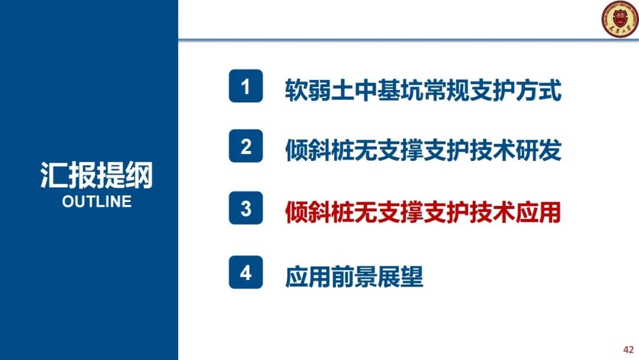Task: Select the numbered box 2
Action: coord(246,146)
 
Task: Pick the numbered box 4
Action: coord(246,273)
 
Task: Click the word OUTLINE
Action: coord(96,201)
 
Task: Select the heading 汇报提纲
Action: coord(96,175)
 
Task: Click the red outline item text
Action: coord(422,212)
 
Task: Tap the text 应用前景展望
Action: coord(354,276)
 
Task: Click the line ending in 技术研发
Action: coord(422,150)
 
